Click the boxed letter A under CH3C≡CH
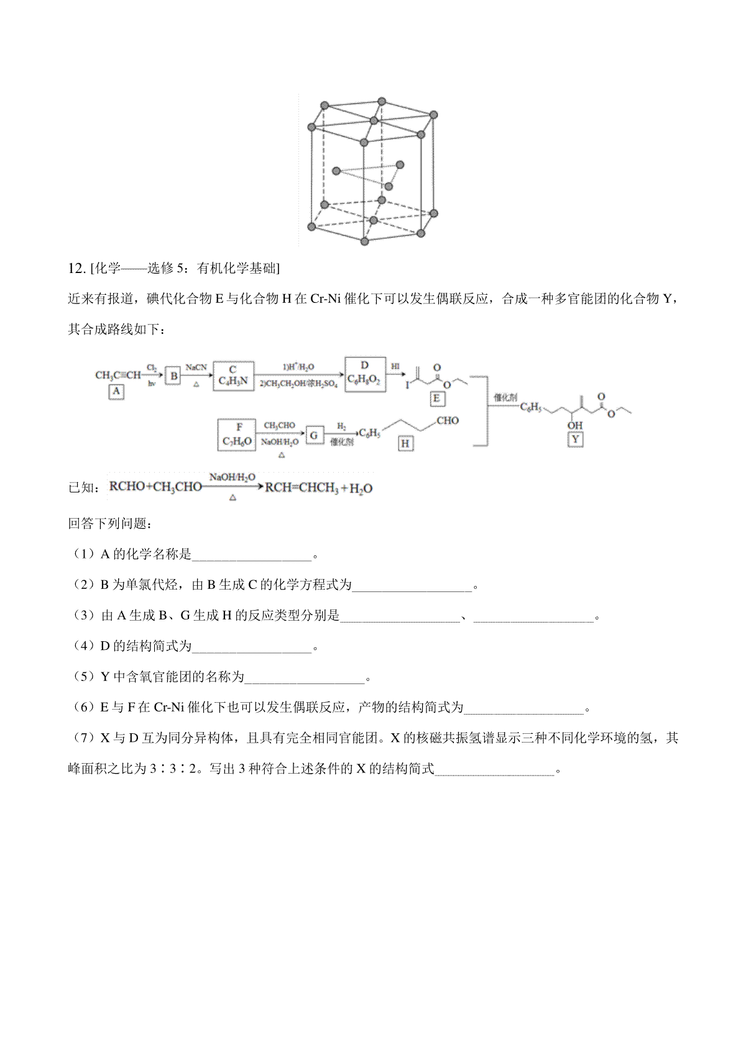coord(116,392)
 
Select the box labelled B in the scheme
coord(174,376)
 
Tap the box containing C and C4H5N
coord(233,375)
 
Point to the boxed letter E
coord(436,399)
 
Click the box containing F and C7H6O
coord(239,435)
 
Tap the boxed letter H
coord(405,443)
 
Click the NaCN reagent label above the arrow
coord(196,368)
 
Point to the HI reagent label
coord(395,367)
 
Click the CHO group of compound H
coord(448,421)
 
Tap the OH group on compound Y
coord(576,426)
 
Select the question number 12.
coord(75,269)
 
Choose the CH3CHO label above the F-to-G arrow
coord(279,425)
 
